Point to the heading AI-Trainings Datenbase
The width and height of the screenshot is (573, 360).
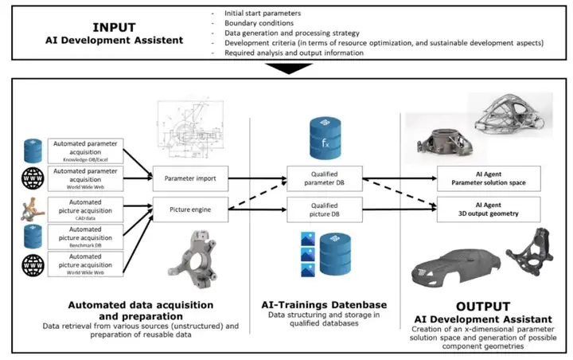click(x=322, y=304)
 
